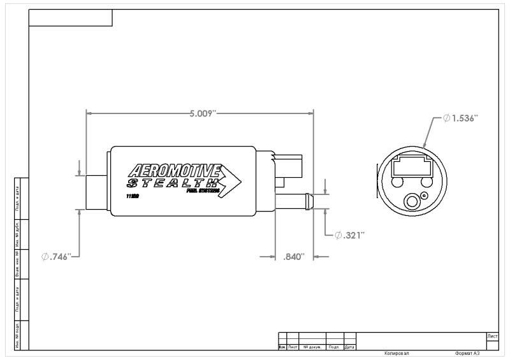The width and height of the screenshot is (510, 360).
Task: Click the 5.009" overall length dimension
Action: point(203,113)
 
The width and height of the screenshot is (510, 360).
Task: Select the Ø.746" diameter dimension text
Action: point(61,256)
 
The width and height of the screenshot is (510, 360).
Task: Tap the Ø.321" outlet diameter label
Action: point(349,235)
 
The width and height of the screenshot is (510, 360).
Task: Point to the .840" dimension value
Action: point(293,256)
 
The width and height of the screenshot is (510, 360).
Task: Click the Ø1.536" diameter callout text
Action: point(460,119)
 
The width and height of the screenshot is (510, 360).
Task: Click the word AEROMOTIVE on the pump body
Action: point(174,171)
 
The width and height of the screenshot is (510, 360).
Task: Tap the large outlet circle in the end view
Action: point(411,202)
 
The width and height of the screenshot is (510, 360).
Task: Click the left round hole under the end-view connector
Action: point(398,183)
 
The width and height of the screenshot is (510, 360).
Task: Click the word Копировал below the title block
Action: point(397,353)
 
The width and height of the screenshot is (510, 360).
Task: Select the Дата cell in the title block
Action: point(349,347)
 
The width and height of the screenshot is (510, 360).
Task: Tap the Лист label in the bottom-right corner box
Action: point(492,335)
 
